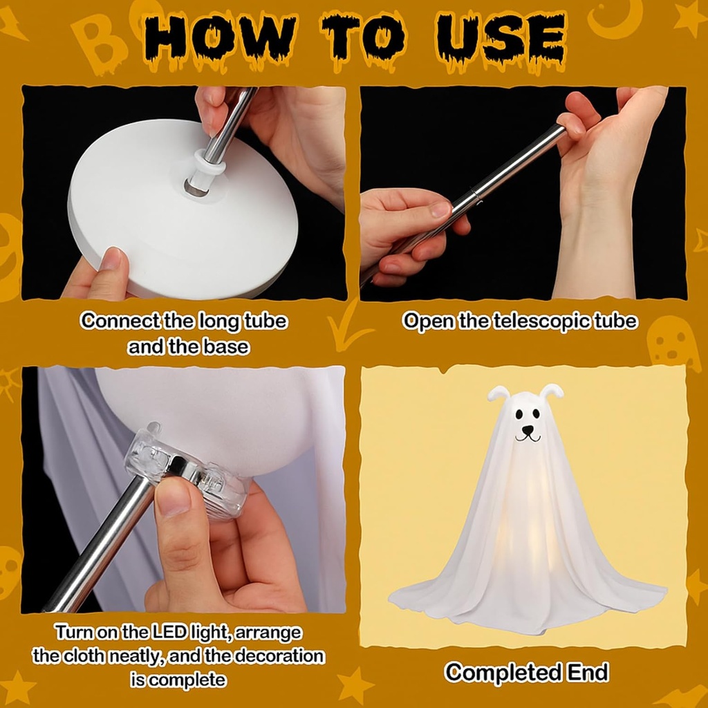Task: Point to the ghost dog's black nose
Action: point(528,429)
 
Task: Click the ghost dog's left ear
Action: point(499,393)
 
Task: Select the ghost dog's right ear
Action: point(551,391)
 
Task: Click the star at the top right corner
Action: point(691,17)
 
